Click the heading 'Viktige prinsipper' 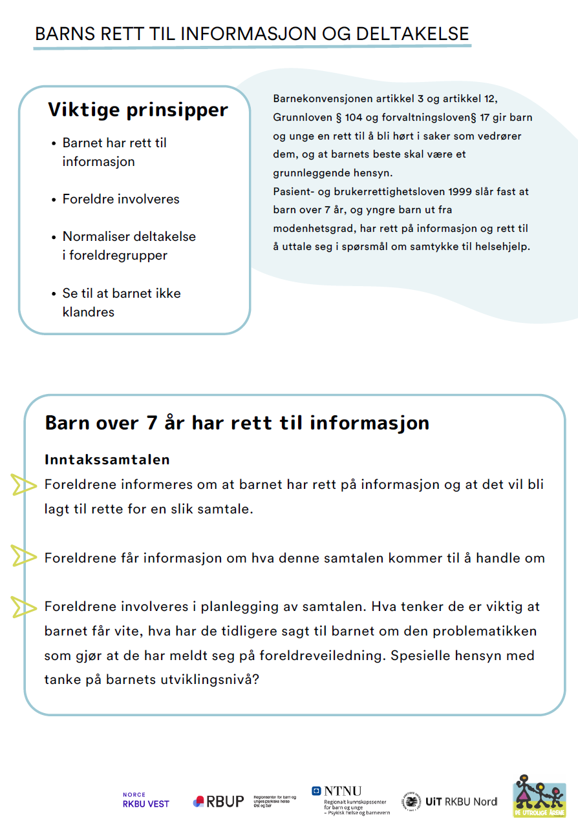coord(138,110)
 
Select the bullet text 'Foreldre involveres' coord(121,199)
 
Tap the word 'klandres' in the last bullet coord(89,312)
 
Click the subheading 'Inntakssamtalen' coord(107,460)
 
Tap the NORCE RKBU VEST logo coord(145,800)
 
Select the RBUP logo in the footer coord(219,802)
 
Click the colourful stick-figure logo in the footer coord(539,796)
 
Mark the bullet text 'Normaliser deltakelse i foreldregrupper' coord(129,246)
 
